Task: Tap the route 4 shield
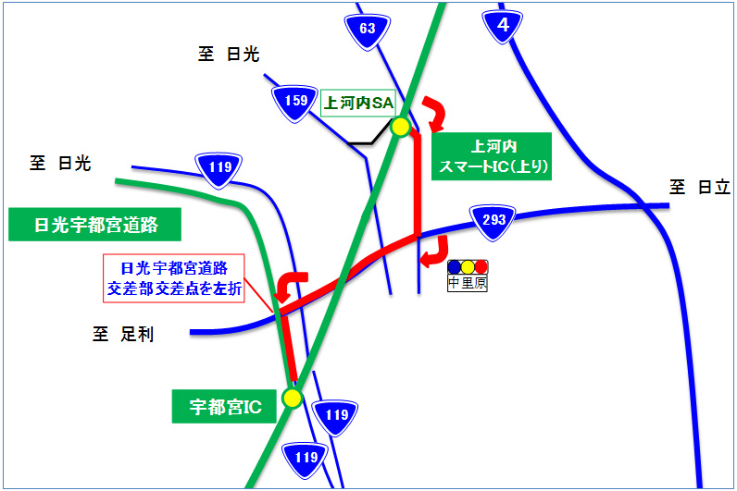pyautogui.click(x=503, y=26)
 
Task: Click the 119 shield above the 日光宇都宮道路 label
pyautogui.click(x=219, y=167)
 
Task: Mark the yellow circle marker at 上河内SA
pyautogui.click(x=400, y=127)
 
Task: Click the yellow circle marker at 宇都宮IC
pyautogui.click(x=293, y=399)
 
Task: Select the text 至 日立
pyautogui.click(x=701, y=188)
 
